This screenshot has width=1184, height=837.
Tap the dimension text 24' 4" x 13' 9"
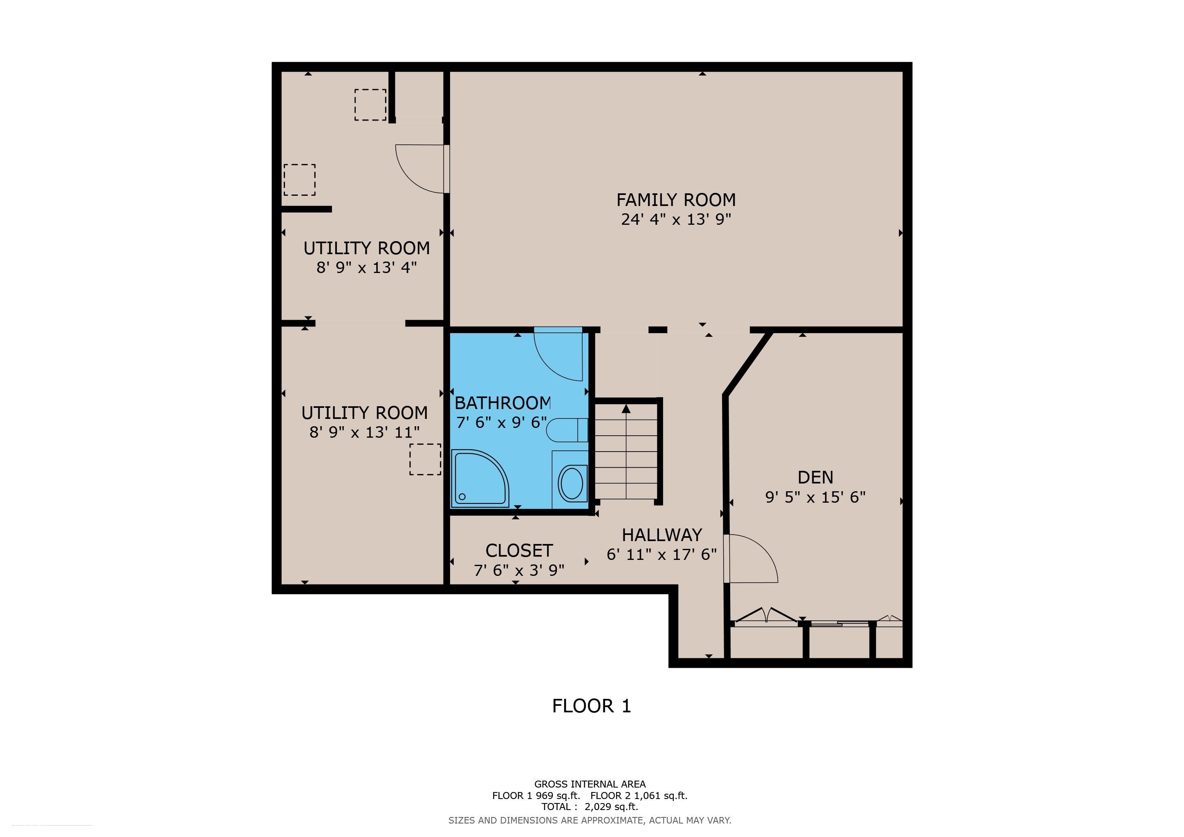[x=676, y=219]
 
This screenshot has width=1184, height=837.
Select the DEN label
[x=815, y=477]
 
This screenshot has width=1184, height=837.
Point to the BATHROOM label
[x=503, y=403]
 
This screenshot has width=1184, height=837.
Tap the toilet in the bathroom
[x=567, y=430]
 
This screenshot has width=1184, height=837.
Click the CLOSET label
[x=519, y=551]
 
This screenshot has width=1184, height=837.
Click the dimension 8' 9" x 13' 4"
[x=367, y=268]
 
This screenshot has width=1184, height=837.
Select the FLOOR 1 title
[x=592, y=705]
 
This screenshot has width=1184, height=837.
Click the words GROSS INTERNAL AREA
[x=590, y=784]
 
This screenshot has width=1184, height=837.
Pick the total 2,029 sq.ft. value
[x=611, y=807]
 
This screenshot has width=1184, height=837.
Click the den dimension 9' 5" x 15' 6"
[x=815, y=497]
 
